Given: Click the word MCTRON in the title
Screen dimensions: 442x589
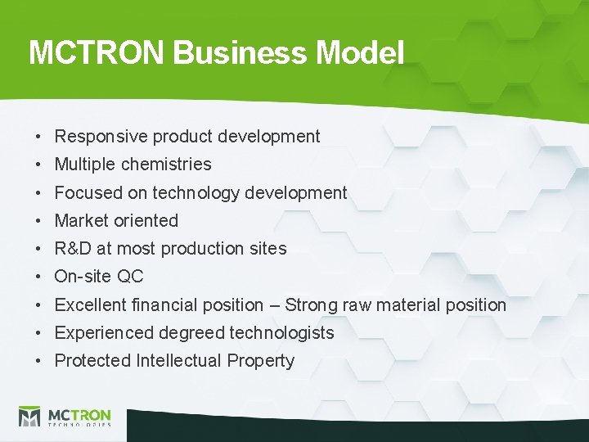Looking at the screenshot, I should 97,53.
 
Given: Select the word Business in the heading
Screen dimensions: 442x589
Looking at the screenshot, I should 241,53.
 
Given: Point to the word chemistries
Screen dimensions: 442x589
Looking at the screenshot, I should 166,165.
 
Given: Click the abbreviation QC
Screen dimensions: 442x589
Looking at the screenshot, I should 130,277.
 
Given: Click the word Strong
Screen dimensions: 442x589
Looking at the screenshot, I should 312,305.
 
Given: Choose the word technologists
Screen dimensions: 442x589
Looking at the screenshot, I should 281,333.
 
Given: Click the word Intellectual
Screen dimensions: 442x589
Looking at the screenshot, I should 179,361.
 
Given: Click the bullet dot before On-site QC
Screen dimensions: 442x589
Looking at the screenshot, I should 38,277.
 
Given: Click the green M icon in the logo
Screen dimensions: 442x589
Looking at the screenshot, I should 30,416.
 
